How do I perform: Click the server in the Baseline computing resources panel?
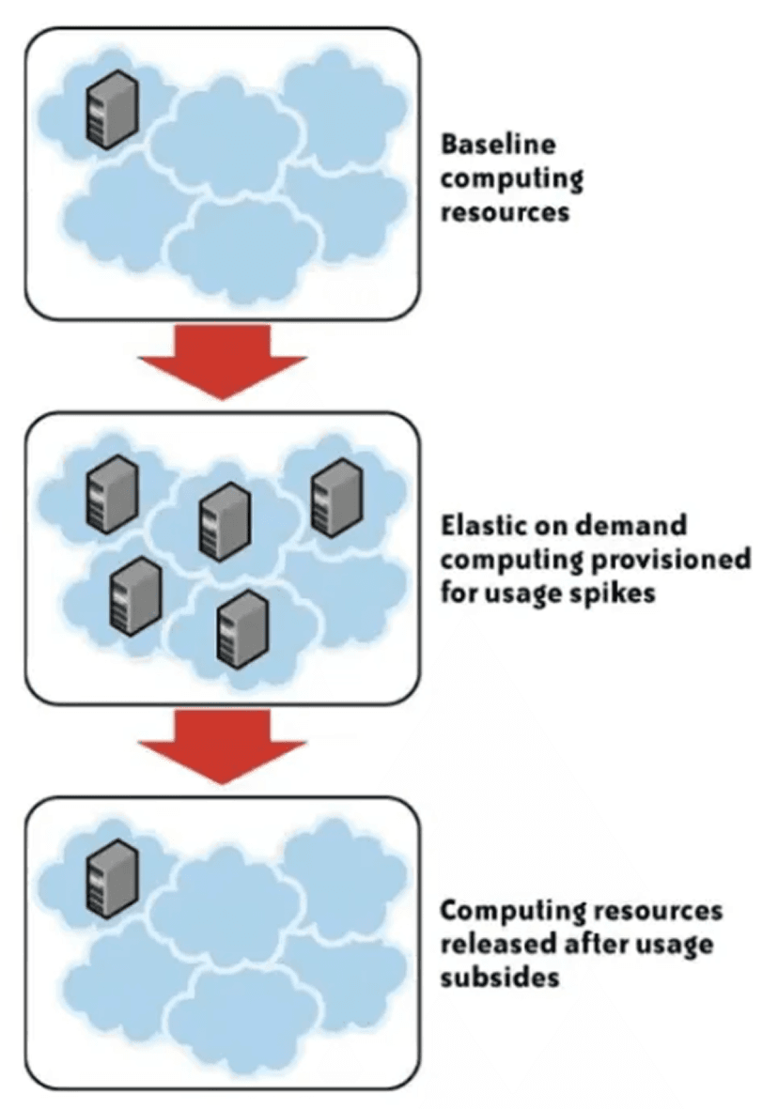[x=112, y=111]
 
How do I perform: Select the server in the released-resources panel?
[x=112, y=877]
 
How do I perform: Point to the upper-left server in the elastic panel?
[x=112, y=493]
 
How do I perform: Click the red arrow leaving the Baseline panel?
[x=223, y=360]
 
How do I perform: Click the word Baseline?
[x=498, y=145]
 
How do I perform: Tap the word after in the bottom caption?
[x=599, y=944]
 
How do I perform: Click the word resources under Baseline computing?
[x=505, y=212]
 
